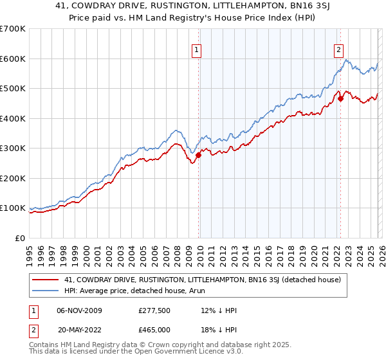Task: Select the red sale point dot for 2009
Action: (199, 155)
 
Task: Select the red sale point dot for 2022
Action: (341, 99)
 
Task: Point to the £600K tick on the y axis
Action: (13, 59)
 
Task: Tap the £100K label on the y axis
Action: (13, 208)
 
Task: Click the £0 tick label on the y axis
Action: (21, 239)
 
